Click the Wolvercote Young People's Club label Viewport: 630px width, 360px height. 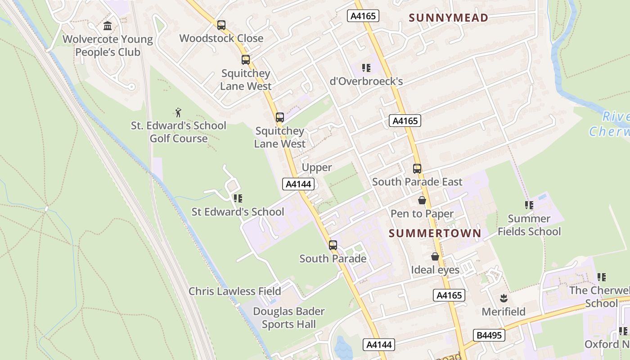click(x=108, y=45)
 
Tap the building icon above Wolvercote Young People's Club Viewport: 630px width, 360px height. click(x=108, y=26)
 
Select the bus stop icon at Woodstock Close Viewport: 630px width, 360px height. click(x=221, y=25)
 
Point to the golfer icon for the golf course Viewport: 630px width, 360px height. click(x=179, y=112)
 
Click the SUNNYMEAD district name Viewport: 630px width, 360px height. click(x=449, y=18)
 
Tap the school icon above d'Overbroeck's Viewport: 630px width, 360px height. click(x=366, y=68)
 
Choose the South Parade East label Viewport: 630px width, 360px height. click(x=417, y=182)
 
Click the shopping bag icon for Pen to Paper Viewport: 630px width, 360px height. click(x=422, y=200)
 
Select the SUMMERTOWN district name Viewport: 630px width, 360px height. click(x=435, y=233)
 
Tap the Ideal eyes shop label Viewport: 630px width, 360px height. click(x=435, y=270)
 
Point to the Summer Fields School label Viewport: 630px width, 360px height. click(x=529, y=225)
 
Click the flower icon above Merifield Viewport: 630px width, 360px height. click(x=504, y=298)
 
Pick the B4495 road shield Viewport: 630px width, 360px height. click(x=489, y=335)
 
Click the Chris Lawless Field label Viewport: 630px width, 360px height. click(x=234, y=291)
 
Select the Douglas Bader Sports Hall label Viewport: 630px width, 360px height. click(x=289, y=317)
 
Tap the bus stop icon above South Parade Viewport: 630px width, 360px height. click(x=333, y=245)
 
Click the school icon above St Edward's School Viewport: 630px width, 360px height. click(x=238, y=198)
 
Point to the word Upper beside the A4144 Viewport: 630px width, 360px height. click(x=317, y=167)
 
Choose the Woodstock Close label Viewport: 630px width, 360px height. click(x=221, y=38)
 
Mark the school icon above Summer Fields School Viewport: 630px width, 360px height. click(x=529, y=205)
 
